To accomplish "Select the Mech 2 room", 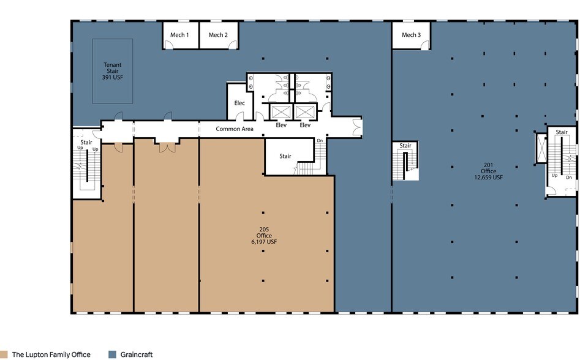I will pos(218,35).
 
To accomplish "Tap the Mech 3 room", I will pos(411,35).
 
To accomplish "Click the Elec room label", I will pos(239,103).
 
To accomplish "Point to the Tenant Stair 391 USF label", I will pos(112,71).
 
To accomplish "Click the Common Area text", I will pos(235,129).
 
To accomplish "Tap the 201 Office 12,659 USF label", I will pos(488,171).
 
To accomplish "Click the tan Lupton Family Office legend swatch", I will pos(5,354).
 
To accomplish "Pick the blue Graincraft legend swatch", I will pos(112,354).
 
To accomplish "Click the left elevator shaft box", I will pos(281,111).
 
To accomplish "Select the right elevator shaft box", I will pos(304,111).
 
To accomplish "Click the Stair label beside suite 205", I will pos(285,156).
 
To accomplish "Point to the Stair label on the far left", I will pos(86,142).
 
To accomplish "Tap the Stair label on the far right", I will pos(562,132).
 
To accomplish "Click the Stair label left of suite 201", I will pos(405,146).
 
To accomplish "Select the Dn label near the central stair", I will pos(320,141).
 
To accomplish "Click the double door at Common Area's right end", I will pos(357,127).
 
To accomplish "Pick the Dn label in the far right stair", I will pos(569,177).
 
